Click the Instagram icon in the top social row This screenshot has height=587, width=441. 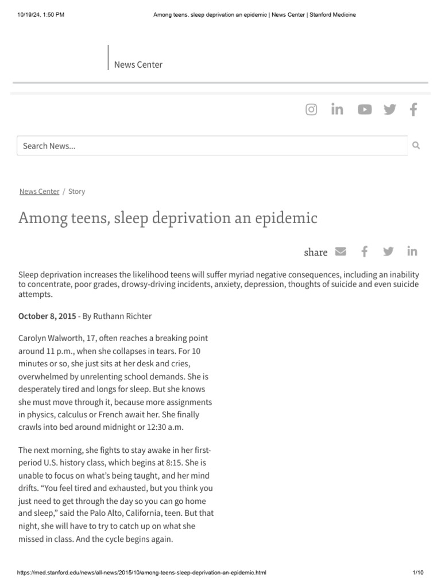311,109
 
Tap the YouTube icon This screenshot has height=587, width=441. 365,109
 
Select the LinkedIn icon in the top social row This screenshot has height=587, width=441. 337,109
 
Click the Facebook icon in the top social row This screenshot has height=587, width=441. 413,109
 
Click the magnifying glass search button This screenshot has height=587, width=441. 416,146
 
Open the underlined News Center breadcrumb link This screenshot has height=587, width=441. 39,191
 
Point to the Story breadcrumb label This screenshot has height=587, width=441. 76,191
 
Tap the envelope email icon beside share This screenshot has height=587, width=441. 341,251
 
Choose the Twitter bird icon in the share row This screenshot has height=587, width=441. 388,251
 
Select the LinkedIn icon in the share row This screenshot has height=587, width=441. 412,251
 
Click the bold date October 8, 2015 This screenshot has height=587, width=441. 47,316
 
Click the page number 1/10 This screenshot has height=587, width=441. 417,573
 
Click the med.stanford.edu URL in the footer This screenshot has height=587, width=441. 142,573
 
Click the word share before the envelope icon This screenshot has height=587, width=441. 315,252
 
